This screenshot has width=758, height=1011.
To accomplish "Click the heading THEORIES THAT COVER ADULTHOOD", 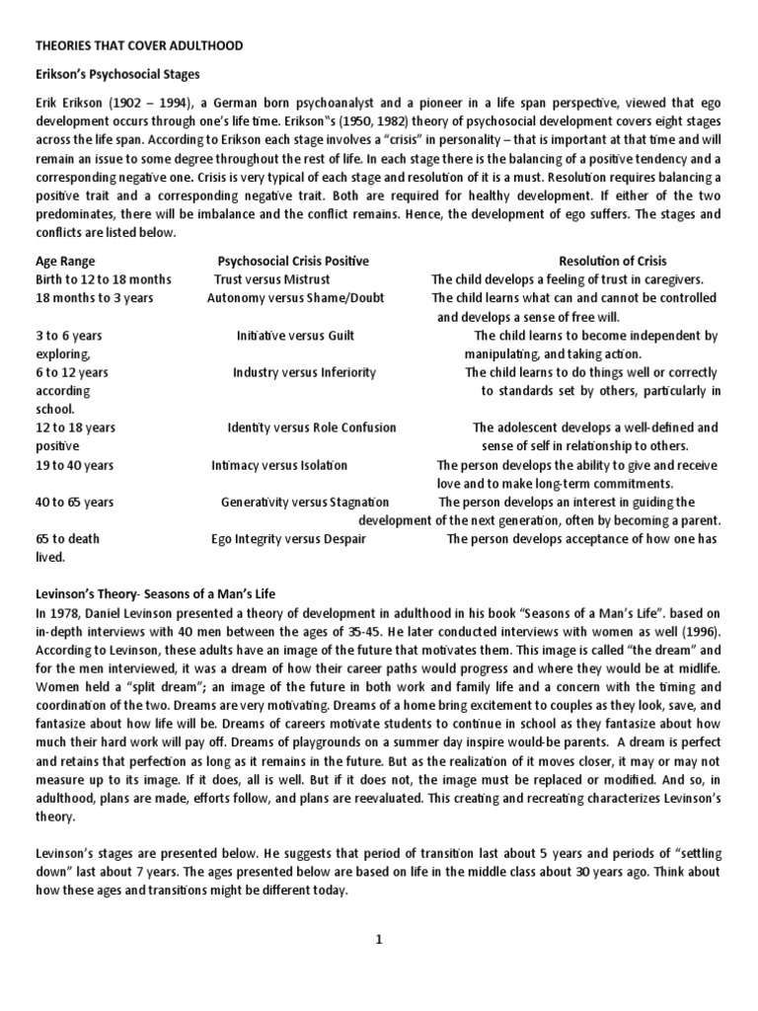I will click(x=139, y=45).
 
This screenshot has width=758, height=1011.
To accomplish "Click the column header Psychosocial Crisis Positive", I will click(x=292, y=261).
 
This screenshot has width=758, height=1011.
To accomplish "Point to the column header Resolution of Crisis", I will click(x=612, y=261).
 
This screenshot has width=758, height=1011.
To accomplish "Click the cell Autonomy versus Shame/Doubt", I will click(x=295, y=298).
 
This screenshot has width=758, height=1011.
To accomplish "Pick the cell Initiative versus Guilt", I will click(x=295, y=336).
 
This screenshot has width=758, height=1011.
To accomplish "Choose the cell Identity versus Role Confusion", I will click(x=311, y=428).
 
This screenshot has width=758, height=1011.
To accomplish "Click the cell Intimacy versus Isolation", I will click(x=279, y=465).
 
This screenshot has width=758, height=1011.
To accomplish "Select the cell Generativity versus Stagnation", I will click(x=304, y=502).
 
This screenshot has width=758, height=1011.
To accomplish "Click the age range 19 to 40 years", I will click(x=74, y=465).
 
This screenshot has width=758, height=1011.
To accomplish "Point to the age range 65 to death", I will click(x=67, y=539).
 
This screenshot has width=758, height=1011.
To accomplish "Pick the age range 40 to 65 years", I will click(x=74, y=502).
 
